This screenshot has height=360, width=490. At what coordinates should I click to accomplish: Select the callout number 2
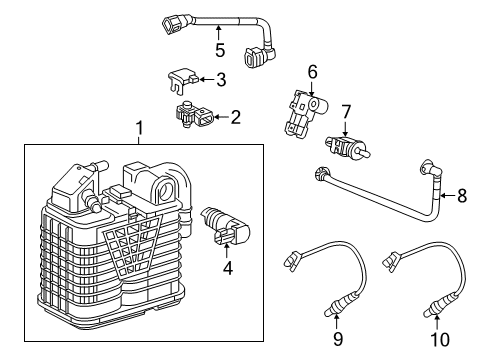(x=235, y=117)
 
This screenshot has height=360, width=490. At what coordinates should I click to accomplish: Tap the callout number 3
(x=221, y=78)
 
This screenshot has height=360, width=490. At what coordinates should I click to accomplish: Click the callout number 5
(x=220, y=50)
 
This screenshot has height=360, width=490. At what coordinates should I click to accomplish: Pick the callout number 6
(x=312, y=72)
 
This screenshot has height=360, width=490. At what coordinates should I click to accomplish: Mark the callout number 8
(x=462, y=196)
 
